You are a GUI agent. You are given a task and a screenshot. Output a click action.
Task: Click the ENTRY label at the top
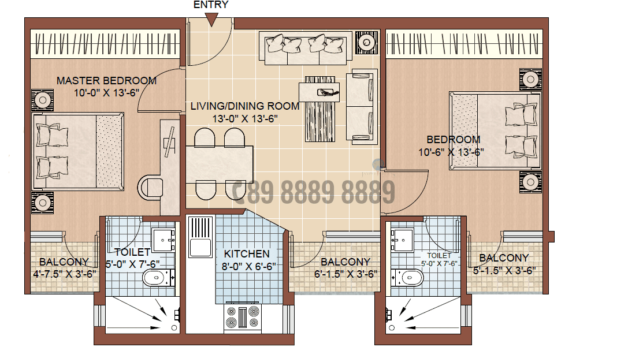[x=210, y=5]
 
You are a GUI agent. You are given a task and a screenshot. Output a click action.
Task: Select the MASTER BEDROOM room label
[x=106, y=81]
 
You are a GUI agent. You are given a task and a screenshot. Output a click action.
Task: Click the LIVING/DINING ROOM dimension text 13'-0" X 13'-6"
[x=245, y=119]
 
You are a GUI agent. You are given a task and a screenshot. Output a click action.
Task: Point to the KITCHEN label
[x=247, y=254]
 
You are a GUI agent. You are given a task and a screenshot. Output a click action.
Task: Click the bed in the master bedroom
[x=78, y=152]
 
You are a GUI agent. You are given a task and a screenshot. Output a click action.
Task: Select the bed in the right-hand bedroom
[x=496, y=130]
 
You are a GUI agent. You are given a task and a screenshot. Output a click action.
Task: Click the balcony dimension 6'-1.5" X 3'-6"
[x=345, y=274]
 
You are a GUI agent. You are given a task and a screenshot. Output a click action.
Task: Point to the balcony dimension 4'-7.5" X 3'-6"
[x=64, y=274]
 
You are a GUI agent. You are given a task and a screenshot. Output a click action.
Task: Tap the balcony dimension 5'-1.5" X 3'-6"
[x=504, y=270]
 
